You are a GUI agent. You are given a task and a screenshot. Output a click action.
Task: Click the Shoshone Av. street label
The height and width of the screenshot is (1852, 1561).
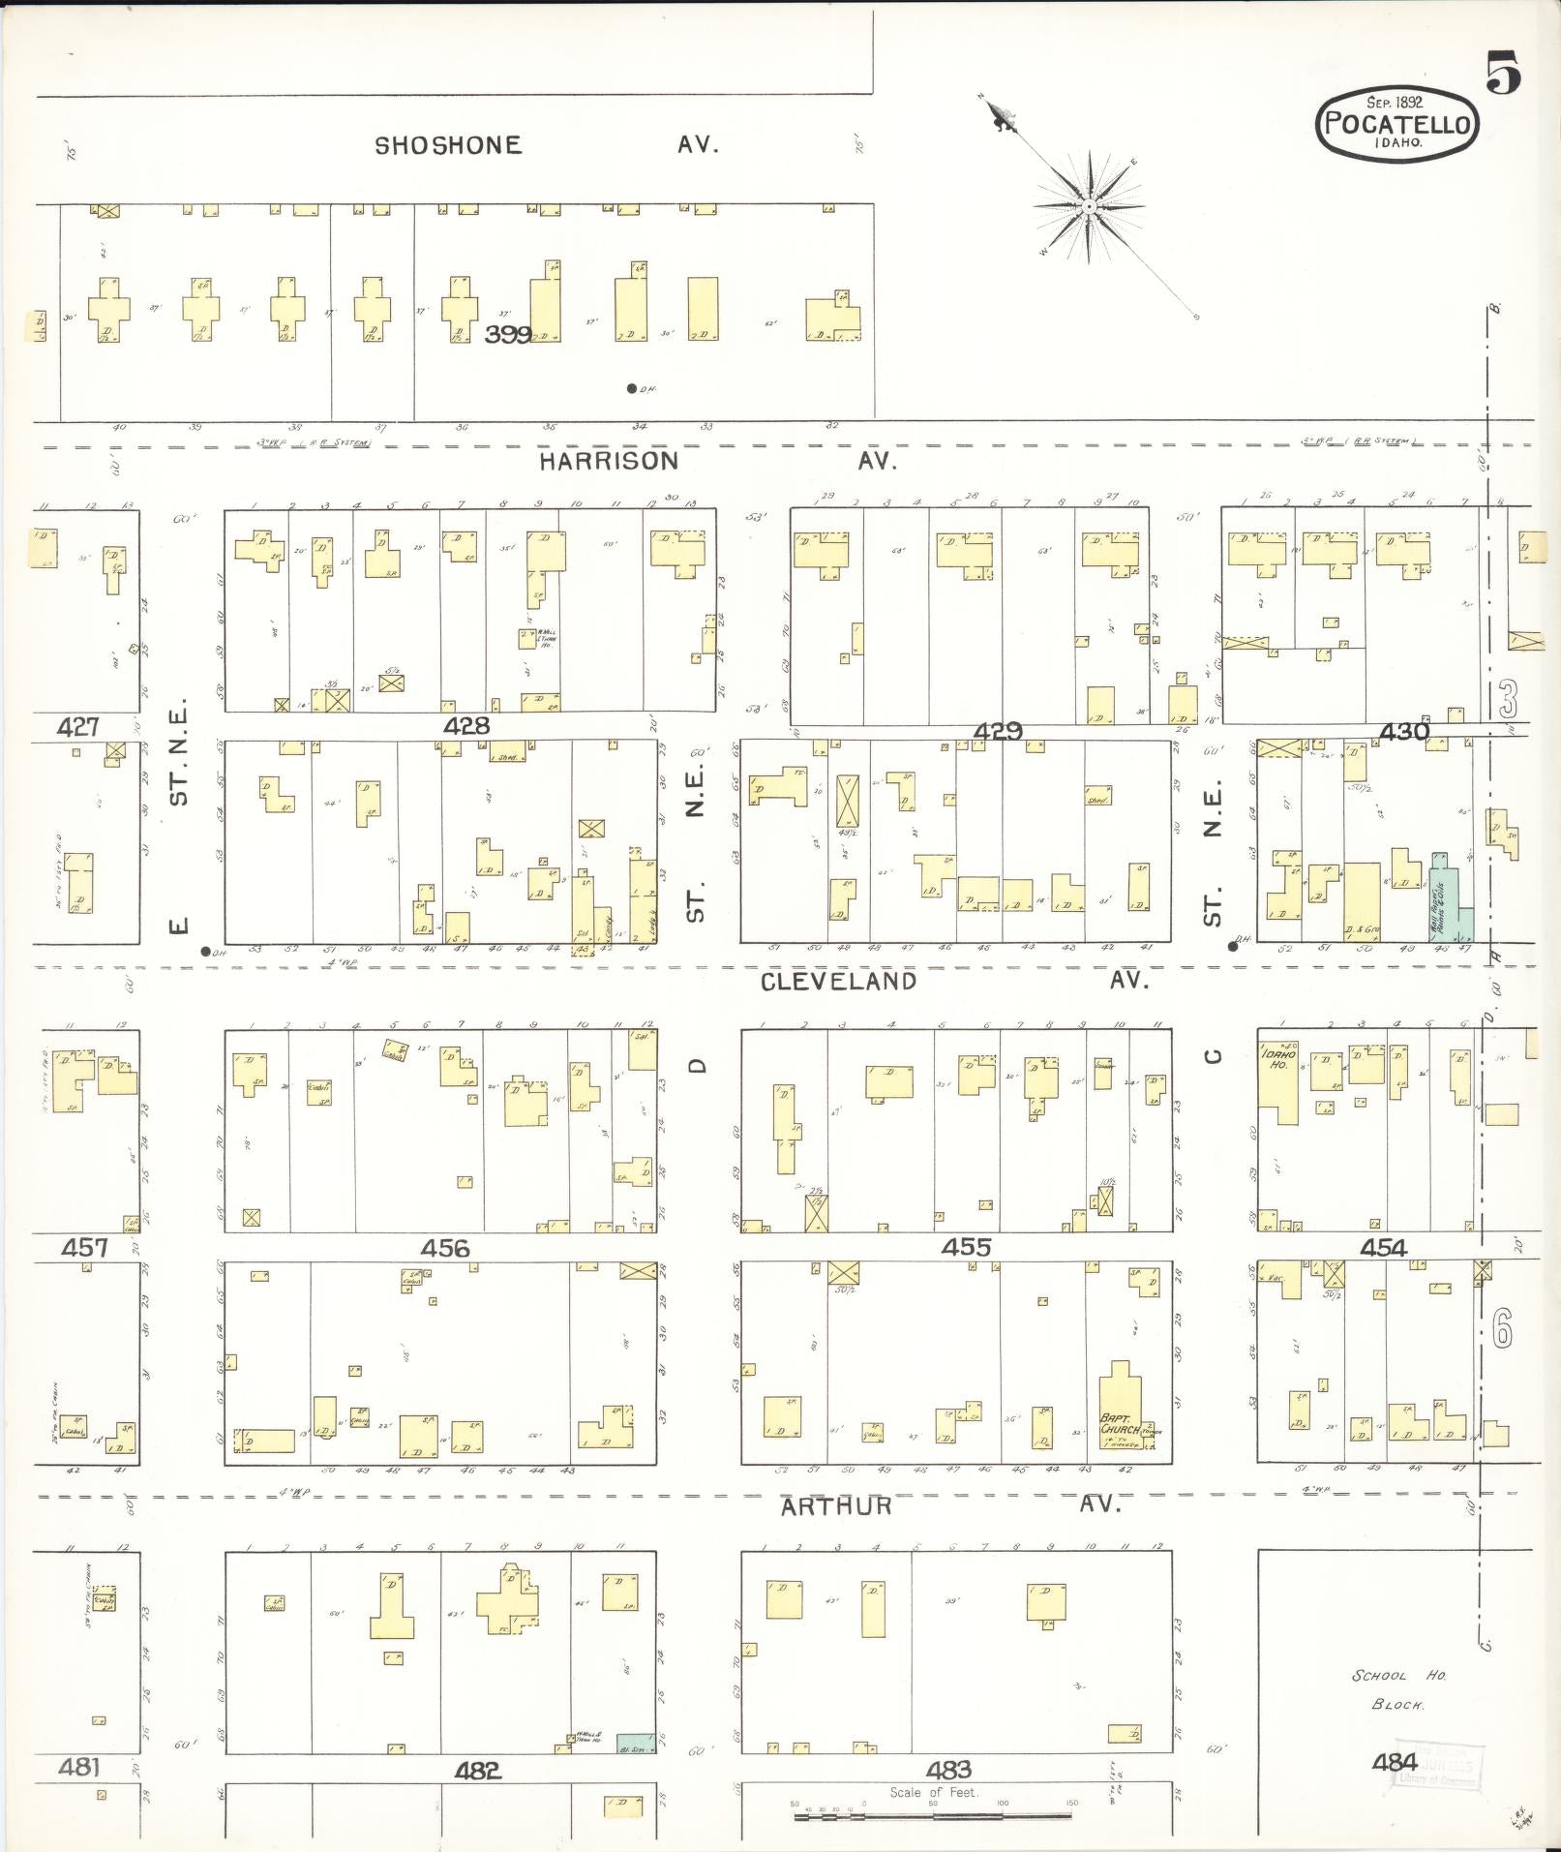point(547,145)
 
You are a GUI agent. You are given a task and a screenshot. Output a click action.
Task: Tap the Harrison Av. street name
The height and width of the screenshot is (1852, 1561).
point(717,461)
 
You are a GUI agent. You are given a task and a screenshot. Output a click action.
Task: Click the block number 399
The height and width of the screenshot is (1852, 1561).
point(508,335)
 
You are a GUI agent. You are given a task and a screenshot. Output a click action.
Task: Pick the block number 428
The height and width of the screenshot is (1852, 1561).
point(466,725)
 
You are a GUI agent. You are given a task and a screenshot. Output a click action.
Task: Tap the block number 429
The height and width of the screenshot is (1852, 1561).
point(998,732)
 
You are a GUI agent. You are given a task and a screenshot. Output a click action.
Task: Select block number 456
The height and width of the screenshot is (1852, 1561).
point(445,1248)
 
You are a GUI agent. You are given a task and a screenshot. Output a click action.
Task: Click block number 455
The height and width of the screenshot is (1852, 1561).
point(966,1247)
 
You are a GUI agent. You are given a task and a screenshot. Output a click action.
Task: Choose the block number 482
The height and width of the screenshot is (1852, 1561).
point(478,1771)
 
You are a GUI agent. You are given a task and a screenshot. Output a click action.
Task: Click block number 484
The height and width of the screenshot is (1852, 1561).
point(1395,1763)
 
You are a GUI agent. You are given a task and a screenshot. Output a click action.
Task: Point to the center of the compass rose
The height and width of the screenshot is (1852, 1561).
point(1089,206)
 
